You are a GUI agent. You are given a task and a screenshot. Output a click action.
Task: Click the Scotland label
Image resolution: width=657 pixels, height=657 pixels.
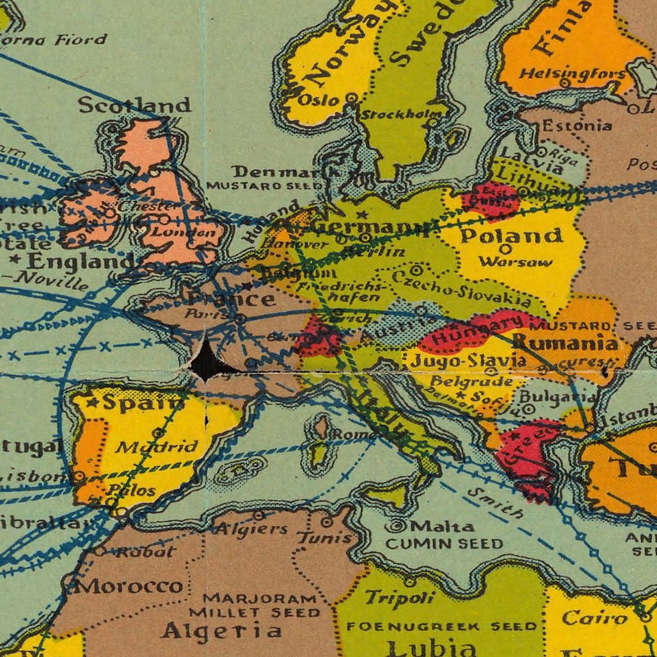click(134, 106)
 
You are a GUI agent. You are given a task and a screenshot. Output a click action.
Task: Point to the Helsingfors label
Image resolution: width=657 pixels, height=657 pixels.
click(572, 74)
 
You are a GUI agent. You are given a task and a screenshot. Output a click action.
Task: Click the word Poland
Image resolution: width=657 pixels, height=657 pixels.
click(511, 236)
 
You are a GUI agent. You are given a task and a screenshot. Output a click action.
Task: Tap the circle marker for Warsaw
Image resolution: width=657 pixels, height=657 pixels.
click(505, 248)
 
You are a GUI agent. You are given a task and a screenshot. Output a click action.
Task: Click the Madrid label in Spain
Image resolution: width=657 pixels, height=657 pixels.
click(156, 447)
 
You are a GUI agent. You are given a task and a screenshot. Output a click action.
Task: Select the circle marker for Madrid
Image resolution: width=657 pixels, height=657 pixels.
click(159, 432)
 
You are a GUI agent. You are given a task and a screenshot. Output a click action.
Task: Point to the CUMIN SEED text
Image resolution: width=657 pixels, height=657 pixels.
click(444, 544)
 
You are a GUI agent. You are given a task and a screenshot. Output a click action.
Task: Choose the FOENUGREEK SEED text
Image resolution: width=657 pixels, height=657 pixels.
click(442, 627)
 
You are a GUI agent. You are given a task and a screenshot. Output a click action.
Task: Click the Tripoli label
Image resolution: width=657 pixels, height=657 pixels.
click(400, 597)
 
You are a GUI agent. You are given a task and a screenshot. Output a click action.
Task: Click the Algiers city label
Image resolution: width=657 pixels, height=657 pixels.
click(251, 529)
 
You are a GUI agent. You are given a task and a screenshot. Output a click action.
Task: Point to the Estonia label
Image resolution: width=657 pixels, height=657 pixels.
click(576, 126)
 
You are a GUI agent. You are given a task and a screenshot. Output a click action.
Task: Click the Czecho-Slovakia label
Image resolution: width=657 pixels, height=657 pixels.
click(462, 288)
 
